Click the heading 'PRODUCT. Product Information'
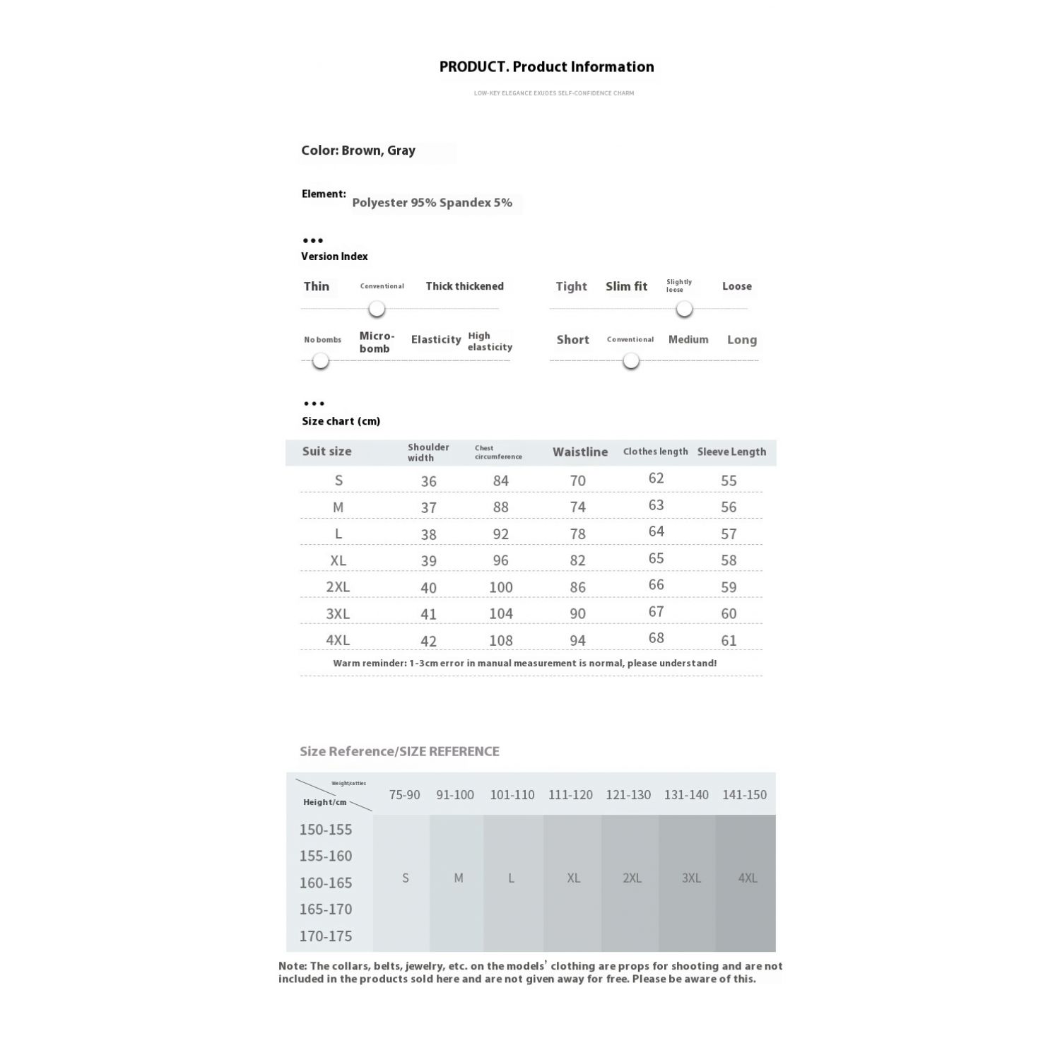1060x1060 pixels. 546,67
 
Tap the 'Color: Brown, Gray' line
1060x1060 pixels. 358,151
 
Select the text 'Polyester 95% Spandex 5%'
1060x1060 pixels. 432,203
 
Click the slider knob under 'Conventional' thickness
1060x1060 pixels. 377,309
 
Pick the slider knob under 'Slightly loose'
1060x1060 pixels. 684,309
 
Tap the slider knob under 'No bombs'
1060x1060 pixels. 321,361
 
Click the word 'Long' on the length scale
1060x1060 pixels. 741,340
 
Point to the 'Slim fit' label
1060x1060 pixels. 626,286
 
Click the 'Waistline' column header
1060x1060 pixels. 580,452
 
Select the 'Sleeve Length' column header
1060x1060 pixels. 731,452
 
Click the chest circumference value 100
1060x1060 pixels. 501,587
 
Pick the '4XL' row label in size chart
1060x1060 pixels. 338,640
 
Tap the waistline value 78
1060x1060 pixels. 578,534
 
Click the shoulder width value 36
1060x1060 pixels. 428,481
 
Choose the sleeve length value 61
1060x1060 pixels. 729,641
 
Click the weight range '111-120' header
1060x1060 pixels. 570,795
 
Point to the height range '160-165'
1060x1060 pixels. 326,883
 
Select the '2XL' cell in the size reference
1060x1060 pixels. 632,878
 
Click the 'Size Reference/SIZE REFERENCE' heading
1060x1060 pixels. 399,751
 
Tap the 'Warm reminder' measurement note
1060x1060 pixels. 525,664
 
